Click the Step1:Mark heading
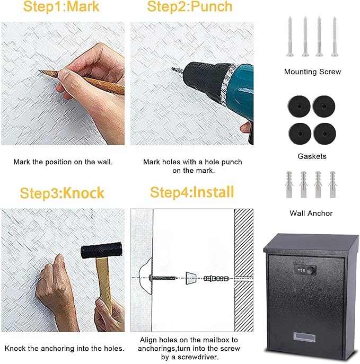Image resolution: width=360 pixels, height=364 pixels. [62, 6]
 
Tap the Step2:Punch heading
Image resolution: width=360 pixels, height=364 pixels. [190, 6]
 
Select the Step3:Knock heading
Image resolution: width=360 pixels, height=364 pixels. [62, 193]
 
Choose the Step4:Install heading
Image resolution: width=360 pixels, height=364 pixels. [192, 192]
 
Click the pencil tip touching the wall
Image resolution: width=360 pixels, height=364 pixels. [39, 70]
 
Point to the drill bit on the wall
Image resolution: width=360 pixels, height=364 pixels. [178, 70]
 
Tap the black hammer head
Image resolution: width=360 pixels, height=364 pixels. [101, 250]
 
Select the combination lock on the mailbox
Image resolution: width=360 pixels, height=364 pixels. [305, 270]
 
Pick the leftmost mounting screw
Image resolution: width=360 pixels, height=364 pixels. [290, 37]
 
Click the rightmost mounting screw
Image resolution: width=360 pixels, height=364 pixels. [335, 37]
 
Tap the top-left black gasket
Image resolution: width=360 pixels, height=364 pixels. [299, 106]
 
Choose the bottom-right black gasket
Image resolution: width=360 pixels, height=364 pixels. [324, 134]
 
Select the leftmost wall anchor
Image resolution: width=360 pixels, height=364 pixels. [289, 184]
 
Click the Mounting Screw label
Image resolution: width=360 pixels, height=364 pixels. [313, 72]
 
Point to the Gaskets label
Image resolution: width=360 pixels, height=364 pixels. [312, 156]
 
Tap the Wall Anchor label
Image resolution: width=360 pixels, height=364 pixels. [311, 214]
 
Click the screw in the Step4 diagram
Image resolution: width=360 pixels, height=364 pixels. [163, 278]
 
